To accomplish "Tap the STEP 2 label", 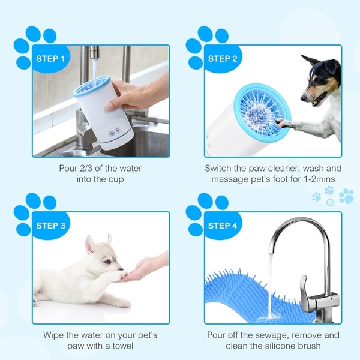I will click(223, 59).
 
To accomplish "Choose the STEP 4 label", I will click(223, 226).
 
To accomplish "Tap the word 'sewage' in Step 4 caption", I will click(268, 335).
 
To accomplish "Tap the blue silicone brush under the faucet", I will click(240, 294).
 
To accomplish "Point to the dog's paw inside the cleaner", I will click(282, 124).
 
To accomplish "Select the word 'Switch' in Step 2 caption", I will click(219, 169).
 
